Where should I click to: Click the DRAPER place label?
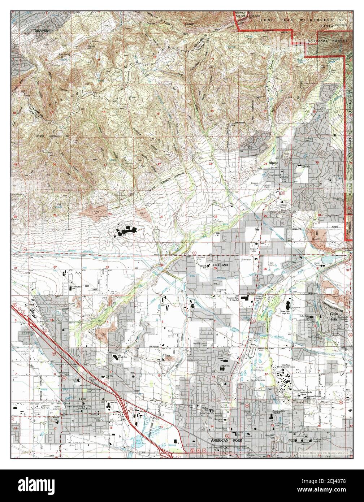point(41,31)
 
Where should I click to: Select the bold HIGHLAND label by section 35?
point(221,265)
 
